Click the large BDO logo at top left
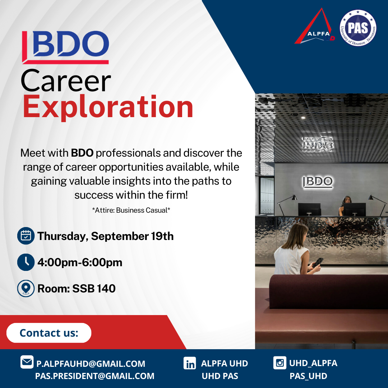click(65, 47)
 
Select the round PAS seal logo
click(358, 28)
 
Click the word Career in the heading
click(66, 81)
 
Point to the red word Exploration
click(108, 107)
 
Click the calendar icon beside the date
click(26, 236)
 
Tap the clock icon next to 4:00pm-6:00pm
click(26, 262)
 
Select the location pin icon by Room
click(26, 288)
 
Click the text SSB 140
click(94, 288)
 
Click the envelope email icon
click(27, 362)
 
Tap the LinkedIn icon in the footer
click(190, 363)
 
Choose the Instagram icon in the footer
click(280, 363)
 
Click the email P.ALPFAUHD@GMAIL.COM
click(91, 364)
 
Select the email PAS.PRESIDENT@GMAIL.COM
click(94, 376)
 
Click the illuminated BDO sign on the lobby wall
click(318, 182)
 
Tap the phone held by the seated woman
click(318, 262)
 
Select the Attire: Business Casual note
click(131, 210)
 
